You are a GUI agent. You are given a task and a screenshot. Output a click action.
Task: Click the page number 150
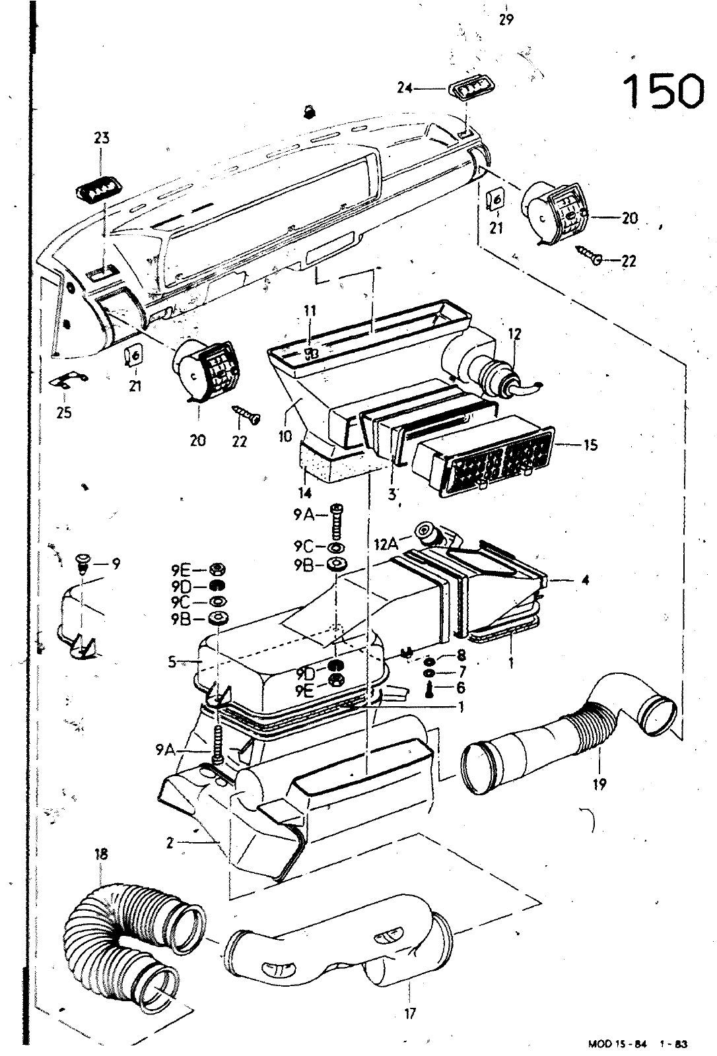tap(663, 91)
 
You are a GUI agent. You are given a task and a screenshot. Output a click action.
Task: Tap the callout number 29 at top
tap(506, 19)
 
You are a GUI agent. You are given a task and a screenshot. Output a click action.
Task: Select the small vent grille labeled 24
tap(473, 87)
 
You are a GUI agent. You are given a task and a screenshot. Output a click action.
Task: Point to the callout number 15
tap(590, 444)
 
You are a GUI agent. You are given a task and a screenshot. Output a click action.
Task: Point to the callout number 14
tap(306, 492)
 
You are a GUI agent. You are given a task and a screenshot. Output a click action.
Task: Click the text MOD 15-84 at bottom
tap(615, 1044)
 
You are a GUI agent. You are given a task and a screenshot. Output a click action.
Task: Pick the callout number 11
tap(310, 310)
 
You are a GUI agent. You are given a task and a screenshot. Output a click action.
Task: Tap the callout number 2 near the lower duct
tap(171, 842)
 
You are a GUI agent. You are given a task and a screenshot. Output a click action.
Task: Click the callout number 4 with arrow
tap(585, 580)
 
